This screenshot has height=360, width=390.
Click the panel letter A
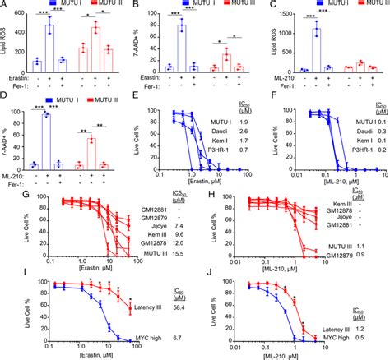click(5, 6)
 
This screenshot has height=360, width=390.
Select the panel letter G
click(5, 192)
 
